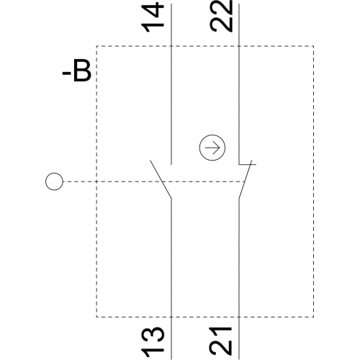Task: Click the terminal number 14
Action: coord(153,17)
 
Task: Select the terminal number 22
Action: coord(221,16)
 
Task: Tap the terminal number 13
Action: coord(153,342)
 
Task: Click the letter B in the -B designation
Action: coord(82,71)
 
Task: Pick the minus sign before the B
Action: coord(67,74)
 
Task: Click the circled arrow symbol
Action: coord(212,148)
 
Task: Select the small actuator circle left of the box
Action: coord(54,181)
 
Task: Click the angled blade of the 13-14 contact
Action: coord(161,179)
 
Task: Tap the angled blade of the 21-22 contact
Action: coord(245,179)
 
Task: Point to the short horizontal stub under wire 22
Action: coord(247,164)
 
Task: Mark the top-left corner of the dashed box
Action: coord(96,46)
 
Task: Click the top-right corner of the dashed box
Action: coord(313,46)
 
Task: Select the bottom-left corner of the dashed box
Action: coord(96,317)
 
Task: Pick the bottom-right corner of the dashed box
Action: coord(313,317)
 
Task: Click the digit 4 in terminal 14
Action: coord(153,9)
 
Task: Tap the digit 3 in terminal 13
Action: coord(153,335)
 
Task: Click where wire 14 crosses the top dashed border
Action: coord(171,46)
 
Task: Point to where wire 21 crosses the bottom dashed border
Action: coord(239,317)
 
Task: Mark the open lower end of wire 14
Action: coord(171,164)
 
